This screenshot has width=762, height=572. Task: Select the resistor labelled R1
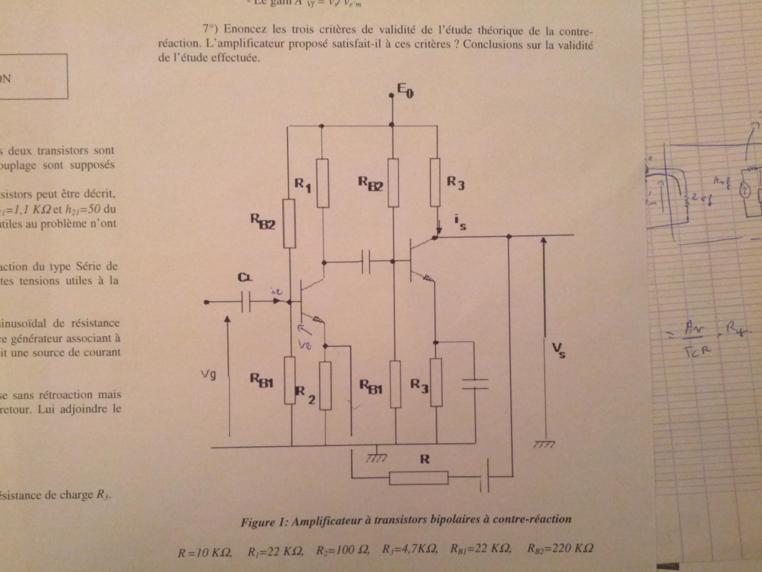click(x=323, y=183)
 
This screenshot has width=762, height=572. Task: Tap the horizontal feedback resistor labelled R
click(x=418, y=478)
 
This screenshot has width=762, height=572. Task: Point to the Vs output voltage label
click(x=559, y=350)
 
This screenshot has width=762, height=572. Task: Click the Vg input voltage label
click(x=209, y=375)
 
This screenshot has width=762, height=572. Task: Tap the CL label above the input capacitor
click(x=245, y=277)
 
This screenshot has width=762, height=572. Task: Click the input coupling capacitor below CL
click(x=246, y=302)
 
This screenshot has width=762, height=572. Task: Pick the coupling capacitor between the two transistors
click(x=365, y=262)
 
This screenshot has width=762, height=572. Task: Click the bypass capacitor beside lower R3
click(x=475, y=384)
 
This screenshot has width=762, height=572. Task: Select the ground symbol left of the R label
click(x=376, y=458)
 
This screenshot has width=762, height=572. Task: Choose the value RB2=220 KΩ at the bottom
click(x=560, y=548)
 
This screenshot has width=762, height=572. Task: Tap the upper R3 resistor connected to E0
click(x=435, y=182)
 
